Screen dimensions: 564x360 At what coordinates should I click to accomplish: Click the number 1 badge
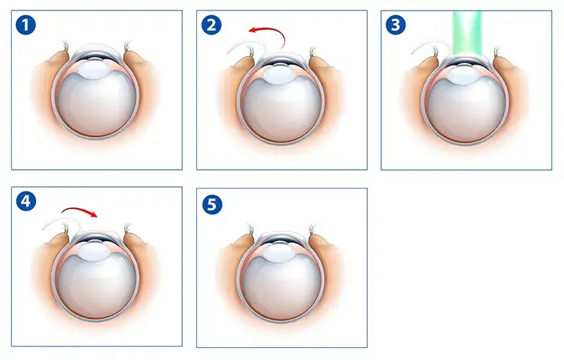(26, 25)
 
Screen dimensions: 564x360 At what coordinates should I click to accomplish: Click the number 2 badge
(211, 25)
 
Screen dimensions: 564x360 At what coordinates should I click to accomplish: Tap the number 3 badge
(396, 25)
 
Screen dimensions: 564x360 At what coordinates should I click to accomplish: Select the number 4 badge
(26, 201)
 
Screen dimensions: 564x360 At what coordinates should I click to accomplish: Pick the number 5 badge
(212, 204)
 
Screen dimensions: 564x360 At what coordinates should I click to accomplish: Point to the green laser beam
(467, 33)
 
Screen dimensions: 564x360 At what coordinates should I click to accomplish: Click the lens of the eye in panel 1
(95, 69)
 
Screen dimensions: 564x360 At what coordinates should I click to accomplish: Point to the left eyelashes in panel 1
(65, 46)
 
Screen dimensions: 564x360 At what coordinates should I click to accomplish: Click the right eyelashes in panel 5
(312, 229)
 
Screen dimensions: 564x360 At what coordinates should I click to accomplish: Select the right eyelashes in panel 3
(498, 51)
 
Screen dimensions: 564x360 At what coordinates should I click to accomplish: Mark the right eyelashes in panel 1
(127, 46)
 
